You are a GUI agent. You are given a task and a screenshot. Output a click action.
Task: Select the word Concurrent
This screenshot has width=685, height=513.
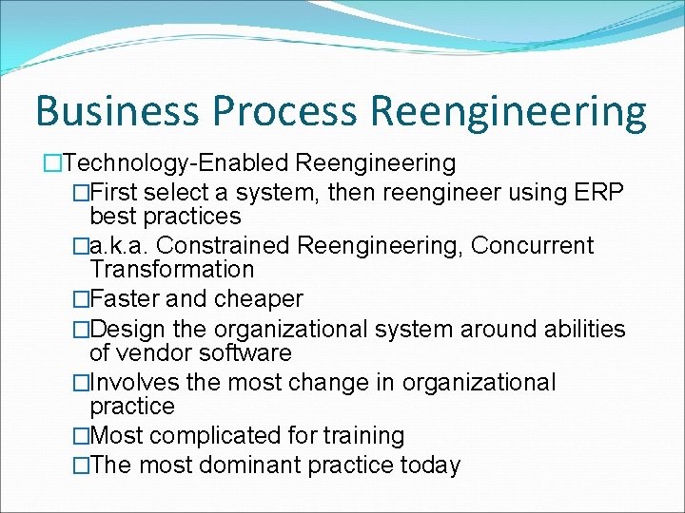[533, 246]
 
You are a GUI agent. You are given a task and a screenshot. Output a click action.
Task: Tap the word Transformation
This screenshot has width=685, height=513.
[172, 270]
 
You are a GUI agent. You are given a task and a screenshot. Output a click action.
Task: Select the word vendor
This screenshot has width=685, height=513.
[152, 353]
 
